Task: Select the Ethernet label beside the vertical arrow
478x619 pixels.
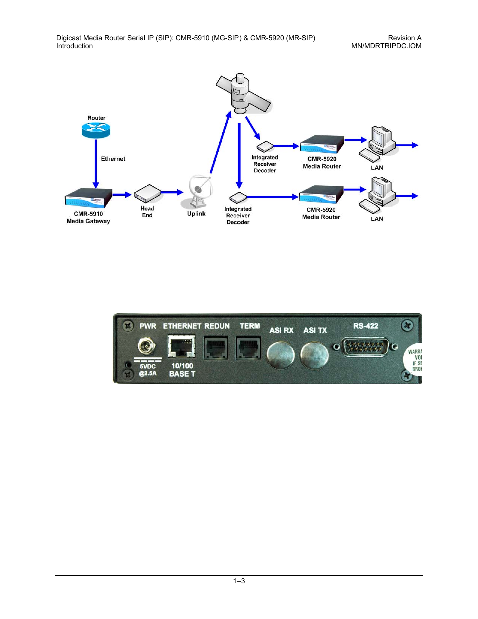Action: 113,159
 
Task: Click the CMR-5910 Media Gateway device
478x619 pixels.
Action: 88,197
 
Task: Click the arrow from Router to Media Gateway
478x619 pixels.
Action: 96,163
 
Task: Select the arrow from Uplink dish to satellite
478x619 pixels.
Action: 220,142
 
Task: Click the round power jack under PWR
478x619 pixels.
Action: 146,346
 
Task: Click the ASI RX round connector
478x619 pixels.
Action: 280,354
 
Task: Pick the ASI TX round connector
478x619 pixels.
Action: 314,354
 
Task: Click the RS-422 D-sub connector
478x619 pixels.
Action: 366,346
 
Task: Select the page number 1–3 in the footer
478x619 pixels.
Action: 239,581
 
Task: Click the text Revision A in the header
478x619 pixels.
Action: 405,38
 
